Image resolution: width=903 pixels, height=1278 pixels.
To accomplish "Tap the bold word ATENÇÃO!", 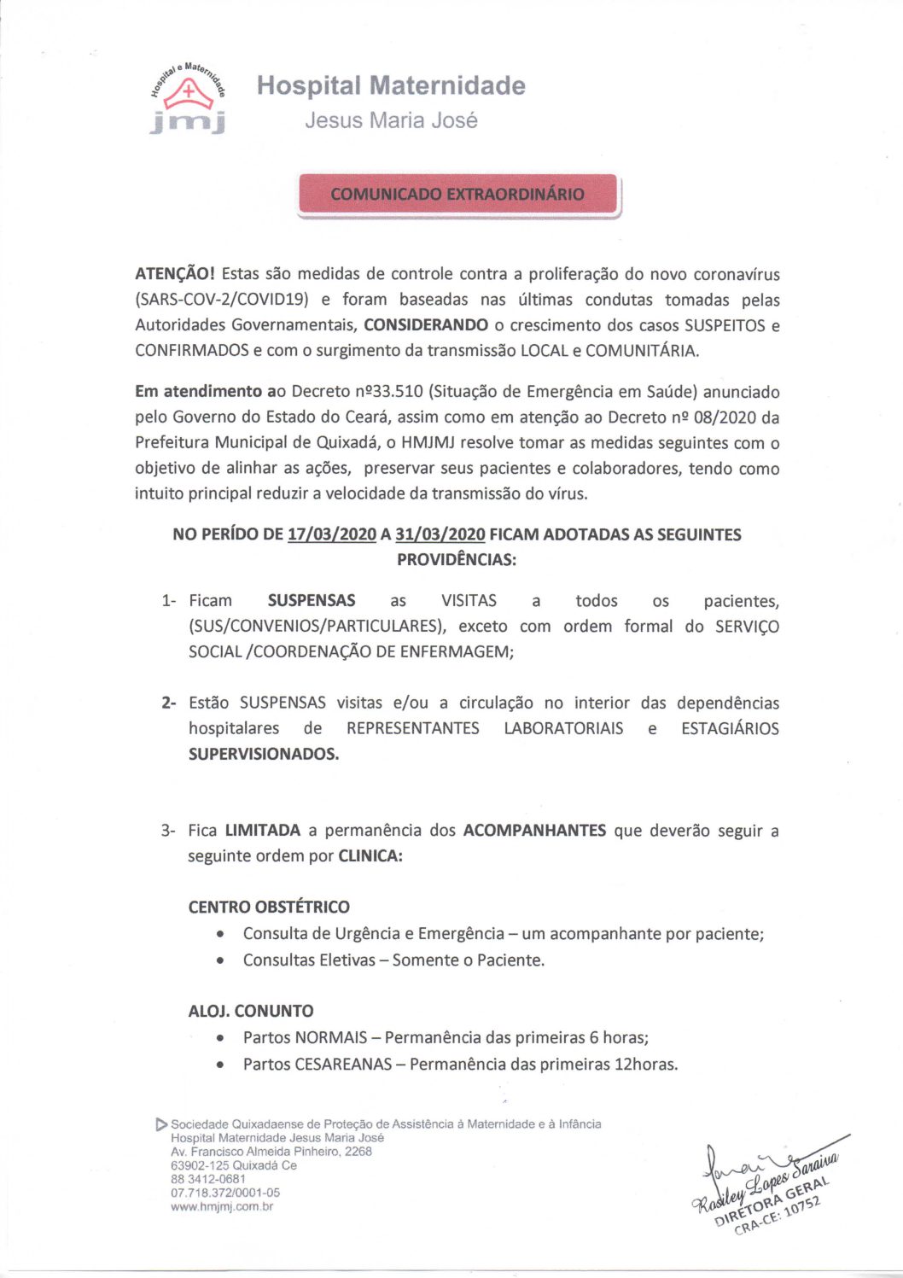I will click(175, 274).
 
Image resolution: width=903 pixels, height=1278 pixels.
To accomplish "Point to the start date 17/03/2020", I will click(332, 534).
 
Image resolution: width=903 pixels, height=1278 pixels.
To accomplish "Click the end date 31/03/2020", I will click(440, 534).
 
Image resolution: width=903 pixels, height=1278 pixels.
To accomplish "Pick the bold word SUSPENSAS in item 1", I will click(312, 600).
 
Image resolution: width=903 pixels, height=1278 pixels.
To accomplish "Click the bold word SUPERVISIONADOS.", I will click(263, 754).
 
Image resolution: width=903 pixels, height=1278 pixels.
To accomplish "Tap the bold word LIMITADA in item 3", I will click(263, 830).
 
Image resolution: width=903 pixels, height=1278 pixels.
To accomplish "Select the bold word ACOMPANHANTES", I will click(534, 830).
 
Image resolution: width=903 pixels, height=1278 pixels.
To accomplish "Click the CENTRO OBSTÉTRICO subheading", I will click(269, 907).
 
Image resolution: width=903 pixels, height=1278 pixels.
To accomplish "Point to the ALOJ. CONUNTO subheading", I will click(251, 1011).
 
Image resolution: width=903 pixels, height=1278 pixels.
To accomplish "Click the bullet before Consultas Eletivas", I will click(222, 960).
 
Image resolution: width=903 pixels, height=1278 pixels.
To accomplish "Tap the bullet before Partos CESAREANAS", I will click(222, 1065).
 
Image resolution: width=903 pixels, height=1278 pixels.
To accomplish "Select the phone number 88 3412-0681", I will click(208, 1179).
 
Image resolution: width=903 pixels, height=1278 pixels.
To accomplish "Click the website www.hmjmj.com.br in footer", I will click(222, 1206).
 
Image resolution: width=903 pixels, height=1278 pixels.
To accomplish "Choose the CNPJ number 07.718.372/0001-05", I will click(225, 1193).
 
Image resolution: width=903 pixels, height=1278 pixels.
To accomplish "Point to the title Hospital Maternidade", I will click(391, 85).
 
